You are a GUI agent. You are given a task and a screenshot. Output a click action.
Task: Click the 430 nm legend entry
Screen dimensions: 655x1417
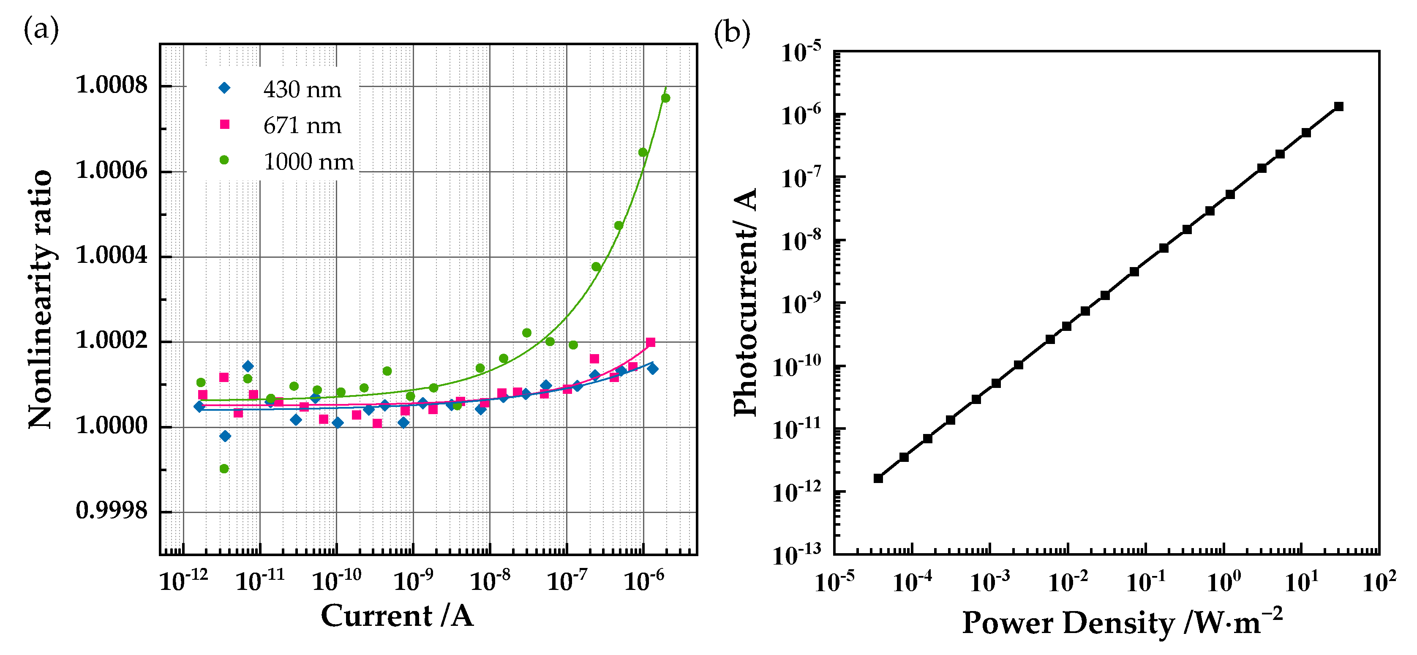tap(302, 89)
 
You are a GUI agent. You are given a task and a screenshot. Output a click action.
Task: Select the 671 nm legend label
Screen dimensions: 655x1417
tap(302, 126)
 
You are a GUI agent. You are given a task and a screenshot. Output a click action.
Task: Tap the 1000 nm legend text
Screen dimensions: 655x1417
tap(308, 162)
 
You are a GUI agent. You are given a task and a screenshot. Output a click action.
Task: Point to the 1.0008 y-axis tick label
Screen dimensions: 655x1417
tap(112, 85)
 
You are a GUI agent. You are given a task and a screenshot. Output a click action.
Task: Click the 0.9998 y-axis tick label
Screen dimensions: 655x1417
tap(112, 511)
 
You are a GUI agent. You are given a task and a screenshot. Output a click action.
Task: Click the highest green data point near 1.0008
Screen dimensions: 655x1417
tap(665, 98)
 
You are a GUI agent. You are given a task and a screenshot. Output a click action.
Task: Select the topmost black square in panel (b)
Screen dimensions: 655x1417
tap(1339, 106)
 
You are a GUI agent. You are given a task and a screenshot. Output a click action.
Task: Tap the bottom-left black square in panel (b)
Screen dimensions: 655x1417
tap(878, 478)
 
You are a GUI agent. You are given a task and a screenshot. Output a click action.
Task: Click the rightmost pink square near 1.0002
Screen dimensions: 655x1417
tap(650, 342)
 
